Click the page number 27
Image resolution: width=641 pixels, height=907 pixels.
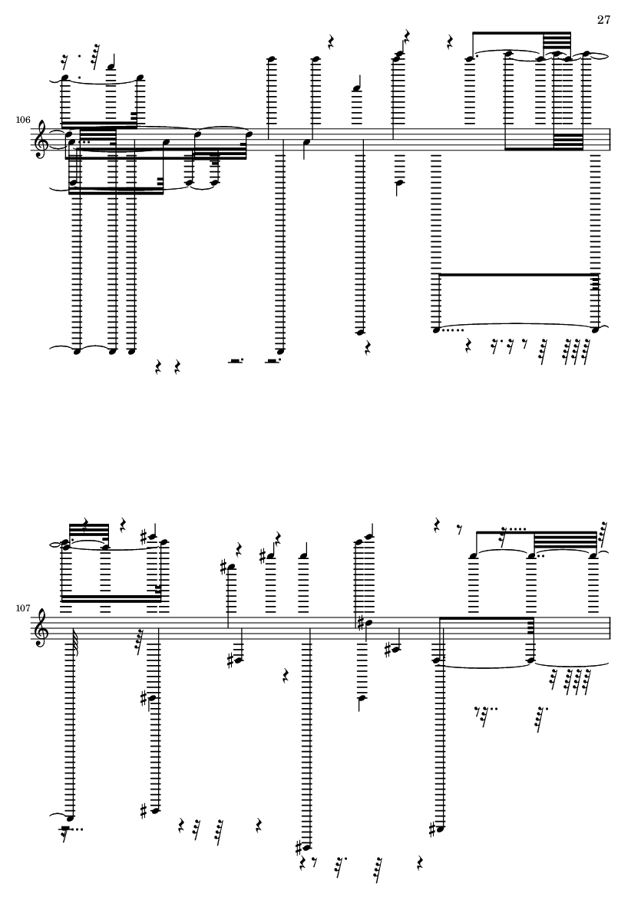pos(603,20)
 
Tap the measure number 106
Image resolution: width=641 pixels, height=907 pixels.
pos(23,121)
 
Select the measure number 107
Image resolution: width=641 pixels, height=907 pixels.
pos(23,608)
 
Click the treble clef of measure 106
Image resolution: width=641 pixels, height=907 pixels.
pos(41,140)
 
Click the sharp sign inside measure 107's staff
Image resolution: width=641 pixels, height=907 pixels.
pos(360,624)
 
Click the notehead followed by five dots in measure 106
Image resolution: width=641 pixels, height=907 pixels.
pos(436,329)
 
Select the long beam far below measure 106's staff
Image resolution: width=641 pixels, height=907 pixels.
pos(518,275)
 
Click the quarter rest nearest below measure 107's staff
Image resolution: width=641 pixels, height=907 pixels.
pos(286,675)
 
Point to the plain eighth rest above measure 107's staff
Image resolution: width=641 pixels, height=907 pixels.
pos(460,528)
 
